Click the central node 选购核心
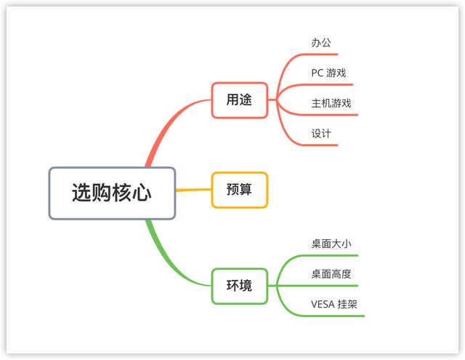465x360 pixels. [x=112, y=193]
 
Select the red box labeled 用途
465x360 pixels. [x=240, y=100]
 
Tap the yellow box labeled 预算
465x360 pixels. [x=240, y=190]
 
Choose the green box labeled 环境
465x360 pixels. [x=240, y=286]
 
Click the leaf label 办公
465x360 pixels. [x=321, y=43]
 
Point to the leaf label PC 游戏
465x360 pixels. [x=328, y=73]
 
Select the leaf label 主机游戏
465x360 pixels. [x=331, y=103]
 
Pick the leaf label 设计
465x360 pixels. [x=321, y=134]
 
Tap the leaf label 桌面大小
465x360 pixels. [x=331, y=244]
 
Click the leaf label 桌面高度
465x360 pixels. [x=331, y=274]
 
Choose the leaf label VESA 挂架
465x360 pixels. [x=334, y=305]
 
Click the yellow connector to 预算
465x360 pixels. [x=193, y=190]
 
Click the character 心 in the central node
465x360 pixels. [x=142, y=193]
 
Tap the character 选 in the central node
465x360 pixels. [x=81, y=193]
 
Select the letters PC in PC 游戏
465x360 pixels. [x=317, y=73]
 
